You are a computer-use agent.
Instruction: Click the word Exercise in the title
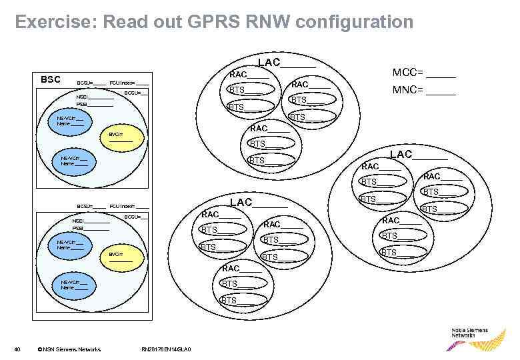click(55, 22)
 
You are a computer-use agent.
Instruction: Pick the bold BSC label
click(51, 79)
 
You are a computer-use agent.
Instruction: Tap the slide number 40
click(18, 349)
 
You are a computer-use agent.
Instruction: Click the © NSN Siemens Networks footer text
click(69, 349)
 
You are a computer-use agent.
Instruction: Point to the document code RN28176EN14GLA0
click(166, 349)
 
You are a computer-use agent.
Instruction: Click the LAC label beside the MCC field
click(269, 63)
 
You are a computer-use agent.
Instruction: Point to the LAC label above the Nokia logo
click(401, 155)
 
